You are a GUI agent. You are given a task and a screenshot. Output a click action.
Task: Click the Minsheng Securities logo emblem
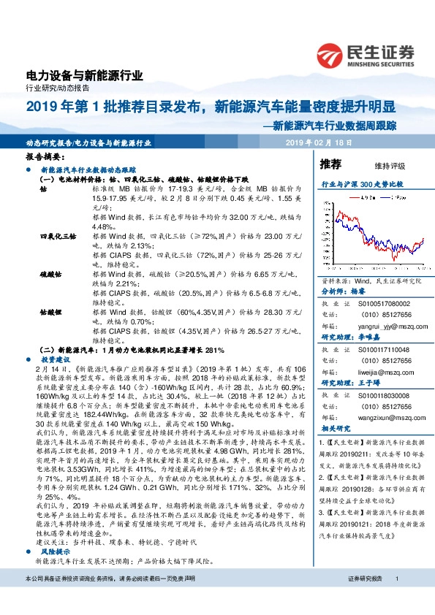point(331,53)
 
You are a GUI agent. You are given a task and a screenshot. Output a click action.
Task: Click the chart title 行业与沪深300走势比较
point(363,185)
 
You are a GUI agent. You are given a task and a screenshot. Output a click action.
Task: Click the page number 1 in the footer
point(396,599)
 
